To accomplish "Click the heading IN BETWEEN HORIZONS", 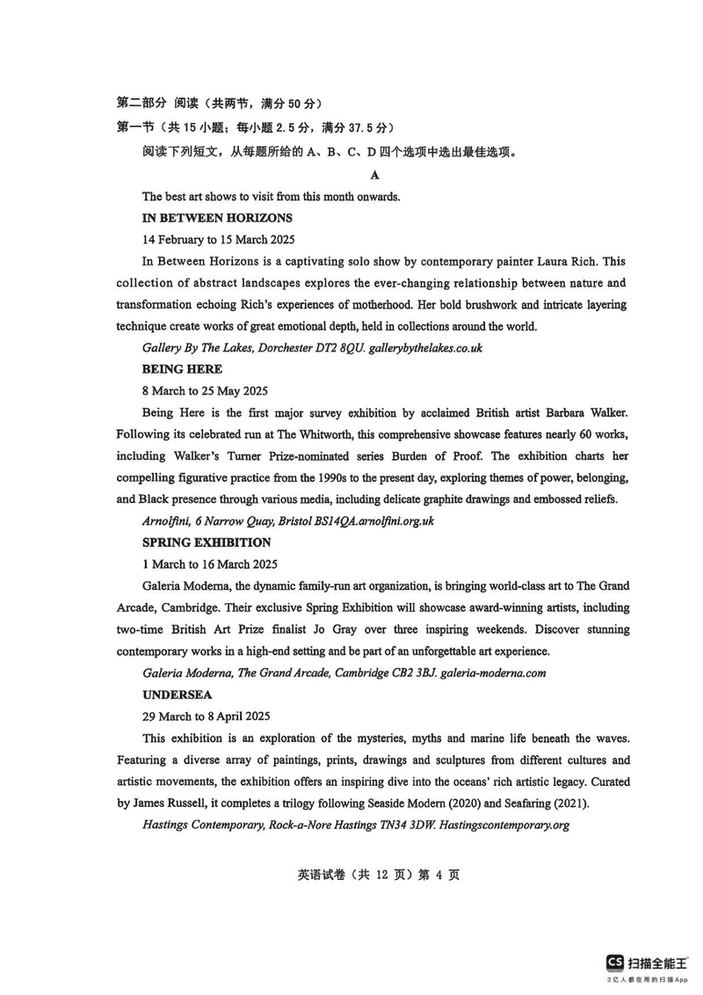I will coord(217,217).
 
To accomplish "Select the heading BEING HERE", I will coord(182,369).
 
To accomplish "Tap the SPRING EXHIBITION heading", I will coord(207,542).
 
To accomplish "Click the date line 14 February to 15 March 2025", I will coord(219,239).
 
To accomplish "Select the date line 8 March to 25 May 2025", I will coord(205,390).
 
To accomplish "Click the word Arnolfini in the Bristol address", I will coord(169,521).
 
